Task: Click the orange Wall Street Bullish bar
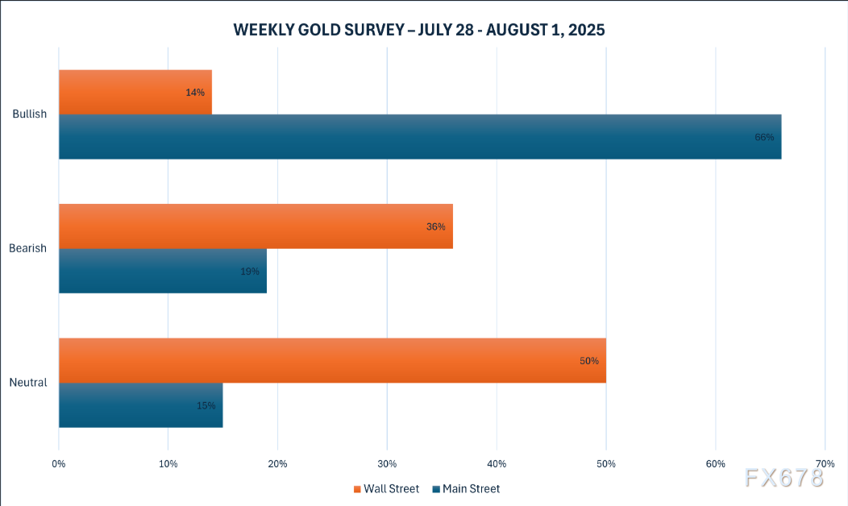click(x=135, y=92)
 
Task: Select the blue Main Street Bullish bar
click(x=419, y=136)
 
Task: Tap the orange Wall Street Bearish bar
click(x=256, y=226)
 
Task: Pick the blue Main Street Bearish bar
click(x=162, y=271)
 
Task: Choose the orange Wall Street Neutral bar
click(x=332, y=360)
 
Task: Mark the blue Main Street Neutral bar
click(x=140, y=404)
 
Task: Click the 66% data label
click(x=764, y=137)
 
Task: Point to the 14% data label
click(x=195, y=93)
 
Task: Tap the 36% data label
click(x=436, y=226)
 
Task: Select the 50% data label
click(x=589, y=361)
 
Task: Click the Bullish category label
click(x=30, y=114)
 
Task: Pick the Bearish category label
click(x=29, y=248)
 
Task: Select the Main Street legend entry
click(x=471, y=489)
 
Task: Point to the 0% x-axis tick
click(x=59, y=464)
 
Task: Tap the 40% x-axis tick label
click(x=497, y=464)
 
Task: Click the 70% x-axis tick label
click(x=825, y=464)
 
